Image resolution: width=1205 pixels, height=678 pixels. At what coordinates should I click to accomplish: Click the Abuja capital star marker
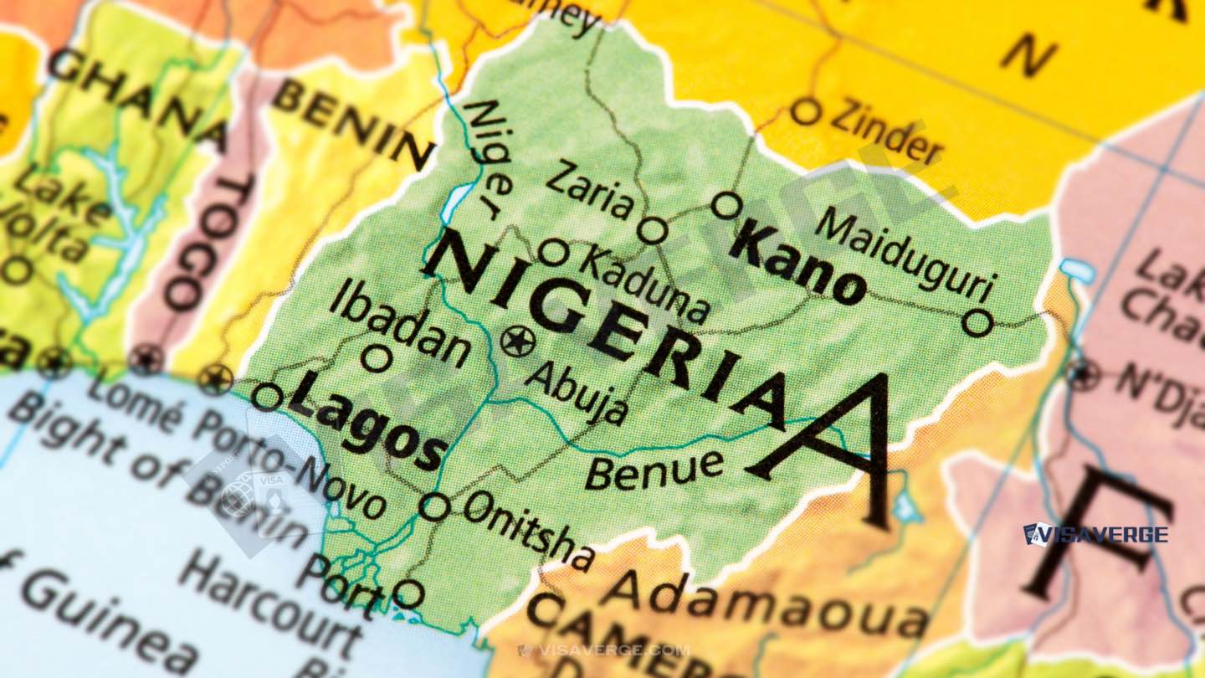518,341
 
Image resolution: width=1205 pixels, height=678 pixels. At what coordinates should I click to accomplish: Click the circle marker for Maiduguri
977,322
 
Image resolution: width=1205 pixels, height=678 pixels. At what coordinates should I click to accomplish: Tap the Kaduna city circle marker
553,252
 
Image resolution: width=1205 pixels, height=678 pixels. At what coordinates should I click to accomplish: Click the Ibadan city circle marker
377,358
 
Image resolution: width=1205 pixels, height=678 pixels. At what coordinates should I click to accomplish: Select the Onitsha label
529,529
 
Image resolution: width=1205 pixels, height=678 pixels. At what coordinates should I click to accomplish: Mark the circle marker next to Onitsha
434,506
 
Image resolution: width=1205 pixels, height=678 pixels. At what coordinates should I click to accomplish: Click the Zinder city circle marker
805,111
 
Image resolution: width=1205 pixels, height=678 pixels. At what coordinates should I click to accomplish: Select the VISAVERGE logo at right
1095,533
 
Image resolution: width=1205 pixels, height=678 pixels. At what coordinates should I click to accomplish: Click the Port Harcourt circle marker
408,593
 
